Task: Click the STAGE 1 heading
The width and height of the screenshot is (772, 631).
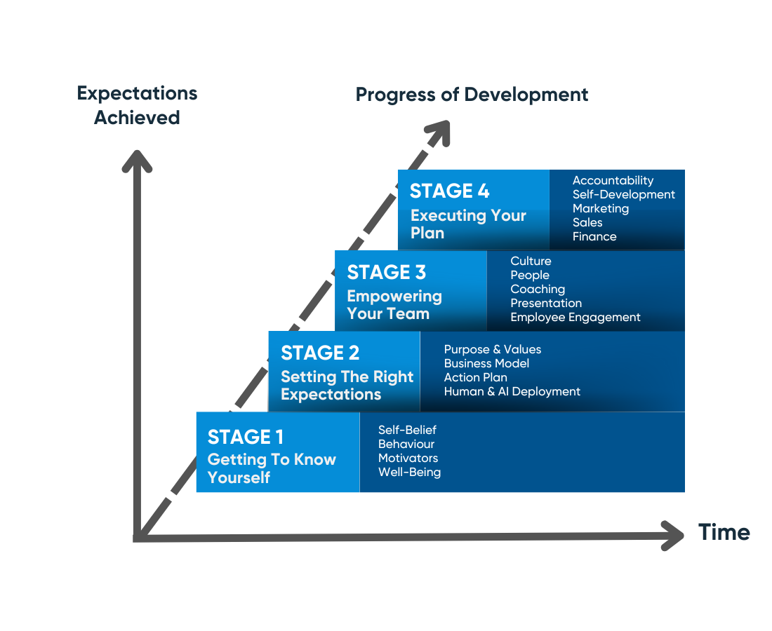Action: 245,437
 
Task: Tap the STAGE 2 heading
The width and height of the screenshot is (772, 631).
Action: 320,353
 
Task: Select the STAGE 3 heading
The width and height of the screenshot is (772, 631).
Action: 387,272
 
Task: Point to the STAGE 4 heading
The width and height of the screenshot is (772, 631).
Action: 449,191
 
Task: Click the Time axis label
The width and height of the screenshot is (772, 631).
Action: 724,532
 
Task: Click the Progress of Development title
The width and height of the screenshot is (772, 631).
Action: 472,95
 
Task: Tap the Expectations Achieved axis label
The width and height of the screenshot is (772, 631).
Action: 137,105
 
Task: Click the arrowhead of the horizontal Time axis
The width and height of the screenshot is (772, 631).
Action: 673,536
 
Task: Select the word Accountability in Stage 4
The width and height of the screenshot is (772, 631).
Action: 613,180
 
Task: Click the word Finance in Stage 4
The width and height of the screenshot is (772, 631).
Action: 594,236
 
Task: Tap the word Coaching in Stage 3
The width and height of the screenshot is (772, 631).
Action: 538,289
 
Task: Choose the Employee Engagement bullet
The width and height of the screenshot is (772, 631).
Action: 575,317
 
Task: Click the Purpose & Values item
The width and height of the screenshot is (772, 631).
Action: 493,349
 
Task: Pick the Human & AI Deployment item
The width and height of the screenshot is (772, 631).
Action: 512,391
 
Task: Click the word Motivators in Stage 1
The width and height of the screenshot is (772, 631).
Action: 408,458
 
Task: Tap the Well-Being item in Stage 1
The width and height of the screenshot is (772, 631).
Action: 410,472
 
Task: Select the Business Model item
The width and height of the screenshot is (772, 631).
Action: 486,363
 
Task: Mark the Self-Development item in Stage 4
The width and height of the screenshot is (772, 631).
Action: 624,194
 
